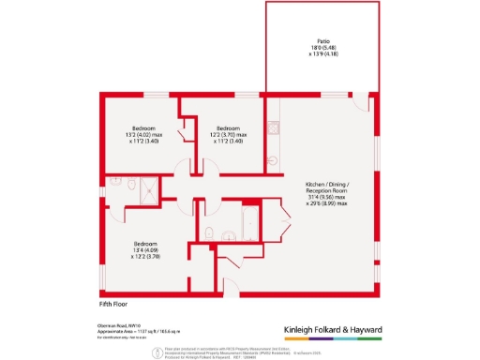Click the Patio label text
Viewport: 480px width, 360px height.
click(x=322, y=46)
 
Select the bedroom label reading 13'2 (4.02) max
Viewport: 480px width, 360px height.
click(x=143, y=135)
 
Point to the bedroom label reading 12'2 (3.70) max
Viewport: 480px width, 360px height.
click(x=229, y=135)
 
